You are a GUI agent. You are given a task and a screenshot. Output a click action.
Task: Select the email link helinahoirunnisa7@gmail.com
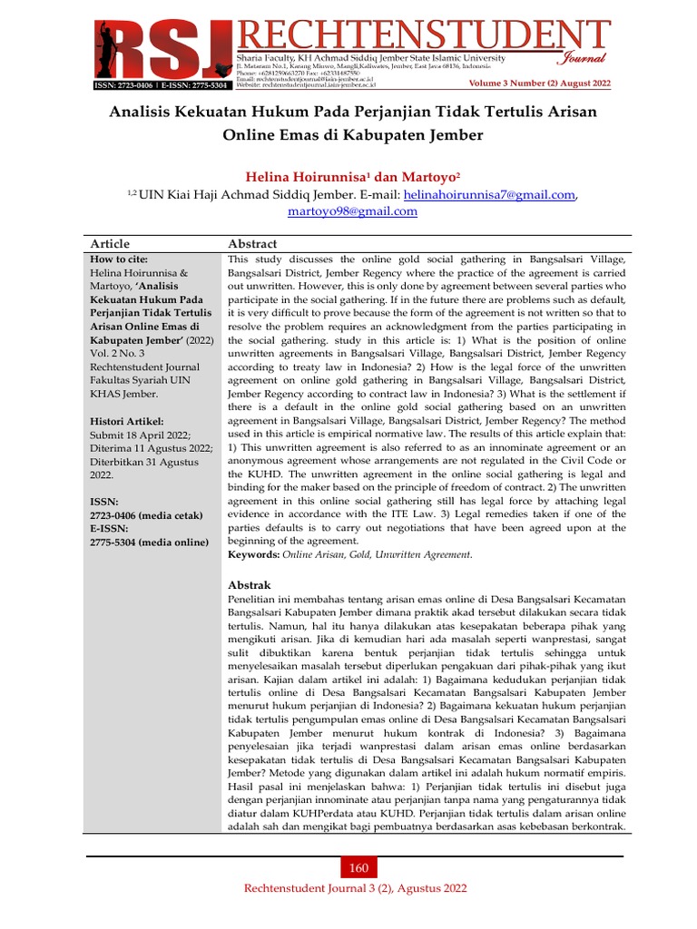pyautogui.click(x=489, y=194)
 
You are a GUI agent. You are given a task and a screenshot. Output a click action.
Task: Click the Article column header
pyautogui.click(x=110, y=244)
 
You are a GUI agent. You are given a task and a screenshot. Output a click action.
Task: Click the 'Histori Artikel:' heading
pyautogui.click(x=126, y=422)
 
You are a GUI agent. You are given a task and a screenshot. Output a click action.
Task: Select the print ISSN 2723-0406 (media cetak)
pyautogui.click(x=144, y=514)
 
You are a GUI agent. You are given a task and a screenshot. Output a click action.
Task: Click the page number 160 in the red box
pyautogui.click(x=358, y=868)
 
